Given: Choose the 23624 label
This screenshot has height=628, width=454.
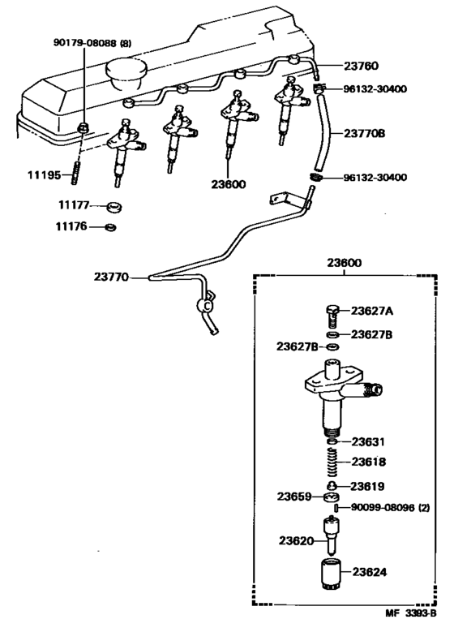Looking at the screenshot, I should pos(369,572).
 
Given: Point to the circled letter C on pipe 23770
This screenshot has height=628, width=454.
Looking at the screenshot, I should pos(206,307).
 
